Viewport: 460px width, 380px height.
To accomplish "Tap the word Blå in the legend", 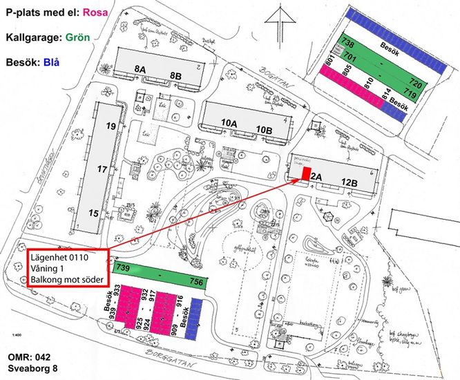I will [x=50, y=61].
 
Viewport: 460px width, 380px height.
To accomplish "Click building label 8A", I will [x=140, y=68].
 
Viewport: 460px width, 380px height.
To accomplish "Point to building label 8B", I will [x=176, y=75].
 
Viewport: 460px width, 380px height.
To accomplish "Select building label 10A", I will [x=229, y=122].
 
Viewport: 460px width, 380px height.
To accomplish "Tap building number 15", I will [x=94, y=213].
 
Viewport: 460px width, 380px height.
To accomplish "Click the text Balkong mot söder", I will [x=66, y=281].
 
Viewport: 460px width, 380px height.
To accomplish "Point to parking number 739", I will [x=124, y=268].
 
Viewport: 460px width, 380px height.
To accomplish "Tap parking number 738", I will [x=348, y=43].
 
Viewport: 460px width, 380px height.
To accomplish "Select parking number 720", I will [x=415, y=81].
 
